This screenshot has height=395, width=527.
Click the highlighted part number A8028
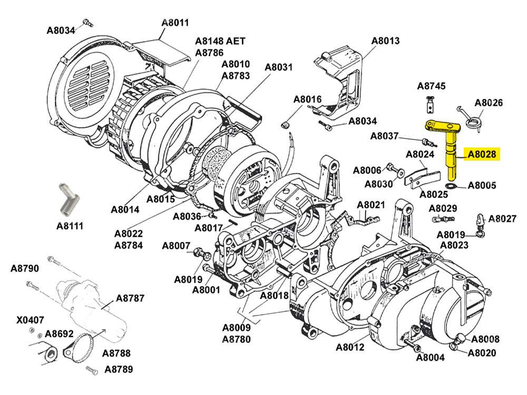(482, 154)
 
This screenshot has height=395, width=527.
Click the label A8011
(175, 23)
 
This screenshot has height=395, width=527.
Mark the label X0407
(30, 320)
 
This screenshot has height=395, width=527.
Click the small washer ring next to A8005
(451, 186)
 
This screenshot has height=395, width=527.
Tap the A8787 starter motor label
(130, 298)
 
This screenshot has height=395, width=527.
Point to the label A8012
(350, 347)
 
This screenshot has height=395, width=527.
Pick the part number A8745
(432, 86)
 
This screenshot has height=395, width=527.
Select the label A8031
(278, 67)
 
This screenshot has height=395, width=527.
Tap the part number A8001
(206, 290)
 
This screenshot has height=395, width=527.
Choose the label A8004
(431, 358)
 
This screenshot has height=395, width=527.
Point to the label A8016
(307, 99)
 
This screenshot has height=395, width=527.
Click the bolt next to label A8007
(201, 253)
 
